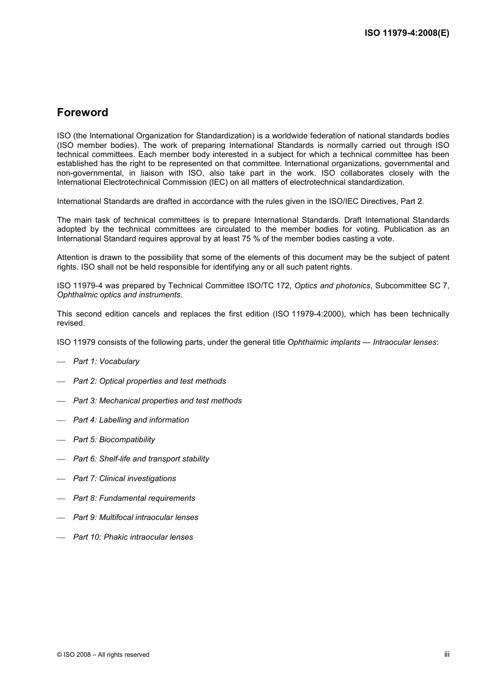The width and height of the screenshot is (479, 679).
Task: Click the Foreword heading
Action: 82,113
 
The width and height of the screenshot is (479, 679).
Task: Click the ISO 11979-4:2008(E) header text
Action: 406,33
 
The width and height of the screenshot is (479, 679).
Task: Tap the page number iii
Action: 446,654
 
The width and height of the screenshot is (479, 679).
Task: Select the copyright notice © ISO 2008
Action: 103,655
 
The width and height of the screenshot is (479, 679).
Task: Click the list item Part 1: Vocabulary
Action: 106,361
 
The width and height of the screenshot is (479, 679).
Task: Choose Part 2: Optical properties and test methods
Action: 149,381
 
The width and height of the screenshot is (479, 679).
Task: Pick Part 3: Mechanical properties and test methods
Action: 157,401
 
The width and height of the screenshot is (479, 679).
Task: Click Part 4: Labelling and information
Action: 131,420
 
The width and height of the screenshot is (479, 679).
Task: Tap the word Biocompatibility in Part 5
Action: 127,440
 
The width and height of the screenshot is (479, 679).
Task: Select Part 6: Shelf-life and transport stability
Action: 141,459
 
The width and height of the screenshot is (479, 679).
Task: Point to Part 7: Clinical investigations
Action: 125,479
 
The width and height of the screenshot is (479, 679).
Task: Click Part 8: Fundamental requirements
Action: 134,498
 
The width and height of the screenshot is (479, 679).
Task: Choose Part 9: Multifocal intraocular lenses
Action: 136,517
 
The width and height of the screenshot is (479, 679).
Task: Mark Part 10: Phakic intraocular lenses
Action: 133,537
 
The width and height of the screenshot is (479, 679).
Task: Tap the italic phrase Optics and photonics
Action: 332,286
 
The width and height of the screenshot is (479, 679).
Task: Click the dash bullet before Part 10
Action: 62,538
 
